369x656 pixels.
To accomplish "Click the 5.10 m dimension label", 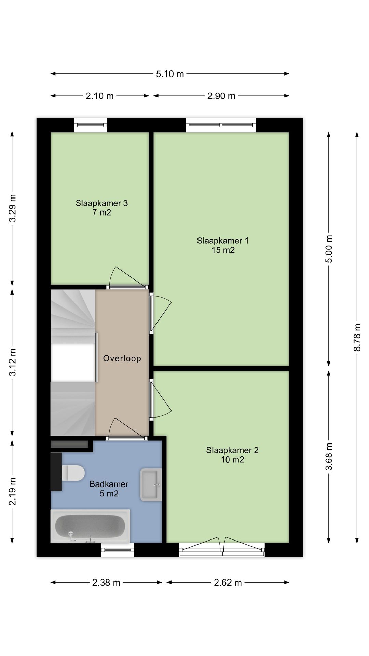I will [170, 74].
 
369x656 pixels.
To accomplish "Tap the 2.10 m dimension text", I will [99, 96].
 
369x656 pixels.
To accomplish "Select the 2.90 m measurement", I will [221, 96].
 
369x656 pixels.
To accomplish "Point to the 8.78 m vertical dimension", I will [357, 337].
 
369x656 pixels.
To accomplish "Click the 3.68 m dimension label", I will [329, 456].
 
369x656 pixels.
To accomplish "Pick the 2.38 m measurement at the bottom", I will [106, 583].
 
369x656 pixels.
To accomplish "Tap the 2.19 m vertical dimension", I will [12, 491].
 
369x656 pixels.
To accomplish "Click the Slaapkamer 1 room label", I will [223, 241].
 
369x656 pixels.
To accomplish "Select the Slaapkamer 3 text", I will [101, 203].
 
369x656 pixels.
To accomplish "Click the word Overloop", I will [122, 358].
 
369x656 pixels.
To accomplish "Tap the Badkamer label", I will [109, 484].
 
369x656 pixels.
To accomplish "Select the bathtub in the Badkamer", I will [90, 526].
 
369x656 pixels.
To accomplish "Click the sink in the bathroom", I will [151, 484].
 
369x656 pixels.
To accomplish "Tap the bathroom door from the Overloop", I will [126, 429].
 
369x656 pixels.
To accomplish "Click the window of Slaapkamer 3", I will [91, 125].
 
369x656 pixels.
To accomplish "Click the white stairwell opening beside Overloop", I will [72, 363].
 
